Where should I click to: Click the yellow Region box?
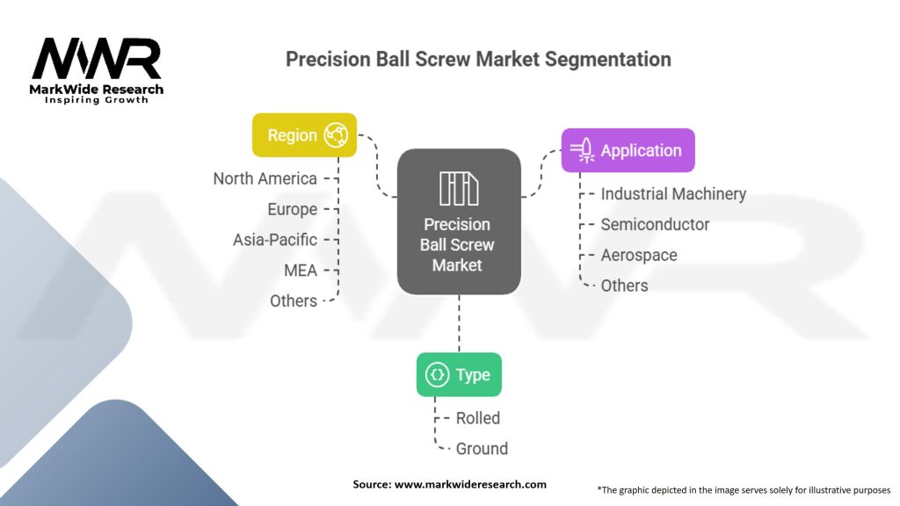[304, 135]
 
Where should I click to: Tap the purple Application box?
[628, 150]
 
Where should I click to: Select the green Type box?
[459, 375]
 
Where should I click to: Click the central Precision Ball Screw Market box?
[458, 221]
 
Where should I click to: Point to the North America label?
[265, 179]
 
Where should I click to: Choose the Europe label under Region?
[292, 209]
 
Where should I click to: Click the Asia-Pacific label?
[274, 240]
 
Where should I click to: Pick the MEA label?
[300, 270]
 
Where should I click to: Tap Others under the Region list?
[293, 300]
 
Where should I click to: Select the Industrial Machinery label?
[673, 194]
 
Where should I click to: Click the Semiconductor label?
[655, 225]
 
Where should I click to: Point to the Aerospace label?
[639, 255]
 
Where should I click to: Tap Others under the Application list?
[624, 286]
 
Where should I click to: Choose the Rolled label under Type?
[477, 418]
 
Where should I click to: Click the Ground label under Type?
[482, 449]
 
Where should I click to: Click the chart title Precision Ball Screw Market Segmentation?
[478, 60]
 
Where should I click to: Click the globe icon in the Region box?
[336, 135]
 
